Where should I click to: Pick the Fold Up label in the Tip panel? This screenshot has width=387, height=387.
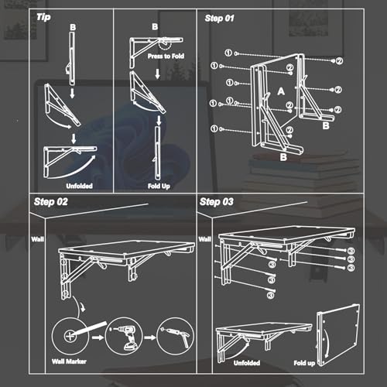pyautogui.click(x=159, y=187)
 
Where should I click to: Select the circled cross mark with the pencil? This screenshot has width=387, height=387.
pyautogui.click(x=70, y=337)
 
